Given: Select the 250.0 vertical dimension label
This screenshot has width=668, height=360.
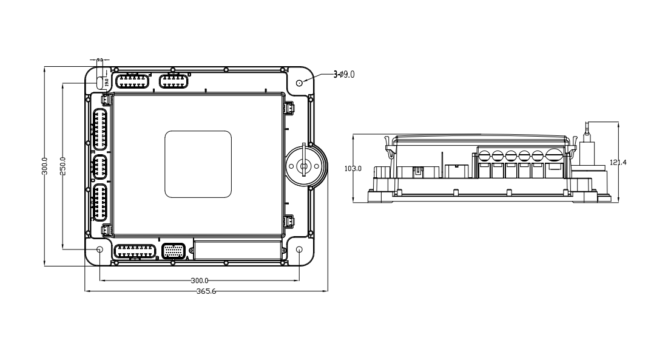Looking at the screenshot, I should pos(62,166).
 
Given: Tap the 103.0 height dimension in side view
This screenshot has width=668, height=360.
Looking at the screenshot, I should pos(353,168).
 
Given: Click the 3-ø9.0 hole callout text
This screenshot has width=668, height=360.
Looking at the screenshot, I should pos(344,74).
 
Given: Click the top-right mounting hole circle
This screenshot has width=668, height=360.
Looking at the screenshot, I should pos(300,83).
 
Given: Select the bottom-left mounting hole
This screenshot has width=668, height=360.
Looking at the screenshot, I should pos(100,250).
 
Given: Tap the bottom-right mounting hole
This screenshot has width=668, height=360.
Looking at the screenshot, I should pos(300,250).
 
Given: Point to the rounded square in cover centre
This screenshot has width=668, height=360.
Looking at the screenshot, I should pos(198,164).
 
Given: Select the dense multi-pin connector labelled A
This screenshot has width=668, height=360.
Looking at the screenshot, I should pos(174,251).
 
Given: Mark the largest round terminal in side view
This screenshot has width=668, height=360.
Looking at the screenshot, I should pos(555,155).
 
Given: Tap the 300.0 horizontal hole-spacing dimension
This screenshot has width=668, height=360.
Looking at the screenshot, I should pos(200,280).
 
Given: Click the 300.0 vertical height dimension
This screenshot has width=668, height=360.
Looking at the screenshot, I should pos(44,166).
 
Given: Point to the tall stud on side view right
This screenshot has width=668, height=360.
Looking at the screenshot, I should pos(587,146).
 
